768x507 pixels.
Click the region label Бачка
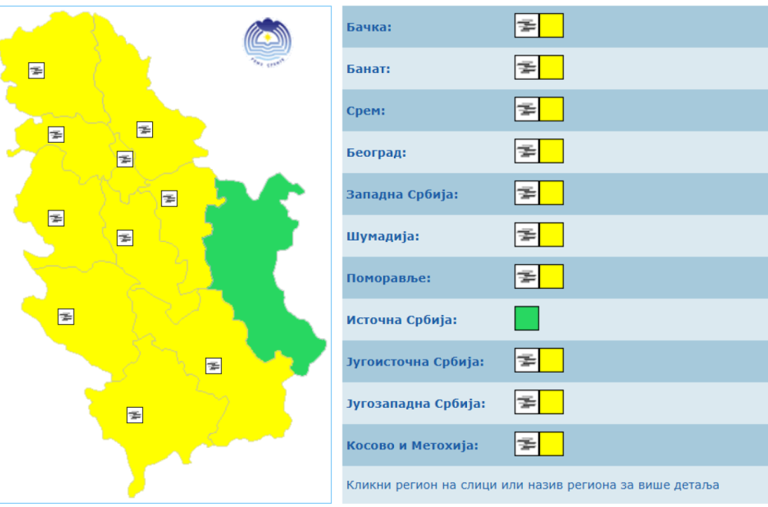(x=369, y=27)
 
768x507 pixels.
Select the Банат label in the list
(x=369, y=69)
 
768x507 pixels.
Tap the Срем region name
(x=366, y=111)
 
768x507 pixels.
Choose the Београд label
(x=376, y=152)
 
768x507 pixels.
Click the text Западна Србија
(x=402, y=194)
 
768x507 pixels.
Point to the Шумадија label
(x=382, y=236)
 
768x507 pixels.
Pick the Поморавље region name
(x=389, y=277)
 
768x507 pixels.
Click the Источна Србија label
(x=402, y=320)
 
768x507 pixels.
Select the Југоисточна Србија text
(x=415, y=361)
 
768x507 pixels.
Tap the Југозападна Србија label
(x=415, y=403)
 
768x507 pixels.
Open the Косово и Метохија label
(x=412, y=445)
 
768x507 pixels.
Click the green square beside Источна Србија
(x=527, y=318)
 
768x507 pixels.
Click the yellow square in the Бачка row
(x=551, y=25)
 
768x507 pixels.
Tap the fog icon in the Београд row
(x=527, y=151)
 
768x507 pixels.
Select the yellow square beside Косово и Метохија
(x=551, y=444)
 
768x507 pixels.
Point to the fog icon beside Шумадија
(x=527, y=234)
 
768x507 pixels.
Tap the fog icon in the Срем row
(x=527, y=109)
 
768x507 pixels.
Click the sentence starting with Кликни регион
(x=532, y=485)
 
